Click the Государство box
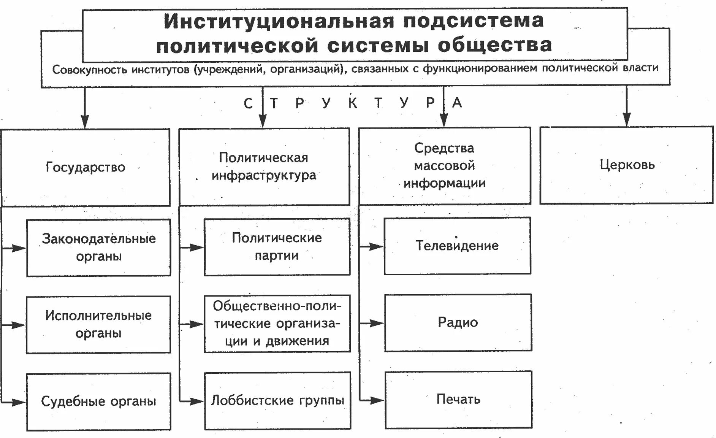[x=86, y=167]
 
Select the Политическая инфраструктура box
[x=264, y=167]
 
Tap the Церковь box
[x=627, y=165]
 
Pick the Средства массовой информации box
[x=444, y=166]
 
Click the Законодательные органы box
[x=98, y=248]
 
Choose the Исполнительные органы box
[x=98, y=324]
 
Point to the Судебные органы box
[x=98, y=401]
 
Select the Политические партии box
[x=277, y=246]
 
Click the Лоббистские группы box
[x=277, y=400]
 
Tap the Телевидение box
[x=457, y=246]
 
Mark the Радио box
[x=458, y=322]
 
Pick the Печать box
[x=458, y=399]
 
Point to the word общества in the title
[x=495, y=45]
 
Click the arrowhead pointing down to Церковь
[x=627, y=119]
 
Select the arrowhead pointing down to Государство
[x=85, y=122]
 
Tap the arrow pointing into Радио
[x=376, y=324]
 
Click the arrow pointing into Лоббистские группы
[x=196, y=401]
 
